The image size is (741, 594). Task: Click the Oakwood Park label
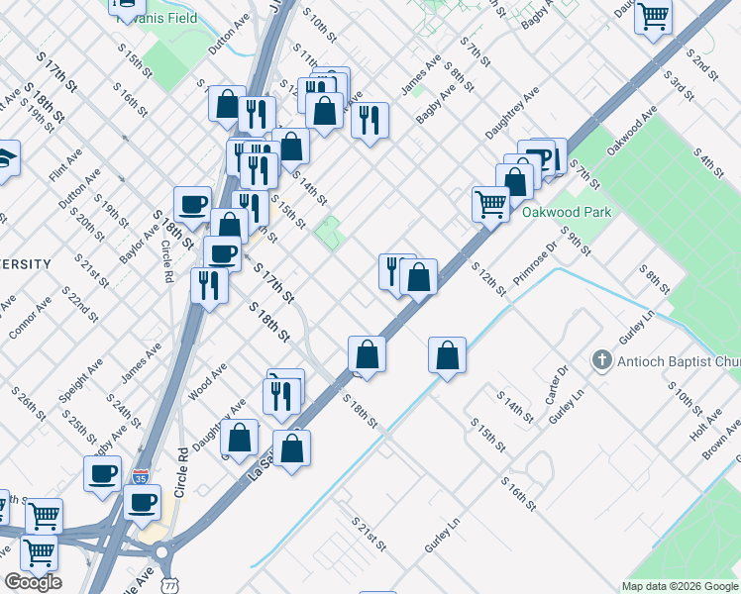tap(568, 211)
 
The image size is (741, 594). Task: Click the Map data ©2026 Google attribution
tap(680, 586)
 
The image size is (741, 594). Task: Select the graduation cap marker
tap(5, 158)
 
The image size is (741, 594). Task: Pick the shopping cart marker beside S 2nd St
tap(653, 17)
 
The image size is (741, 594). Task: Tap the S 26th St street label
tap(29, 403)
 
